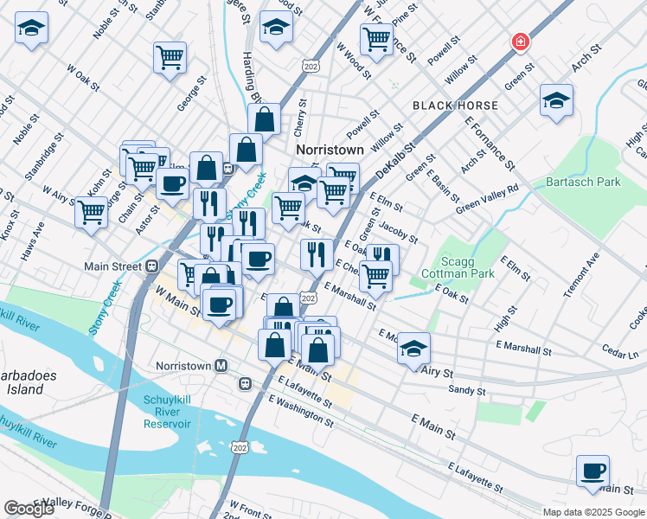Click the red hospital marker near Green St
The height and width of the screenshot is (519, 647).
[521, 42]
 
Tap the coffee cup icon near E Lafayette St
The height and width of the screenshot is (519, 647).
[593, 471]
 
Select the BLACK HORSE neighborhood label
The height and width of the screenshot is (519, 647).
[455, 106]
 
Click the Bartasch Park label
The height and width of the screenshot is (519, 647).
[584, 183]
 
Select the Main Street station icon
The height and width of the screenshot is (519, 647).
[151, 266]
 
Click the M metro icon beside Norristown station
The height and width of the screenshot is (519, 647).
[221, 365]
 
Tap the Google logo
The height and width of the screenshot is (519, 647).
[29, 509]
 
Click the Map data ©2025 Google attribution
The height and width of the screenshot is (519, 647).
[593, 512]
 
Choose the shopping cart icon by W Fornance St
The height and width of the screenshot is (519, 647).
[376, 39]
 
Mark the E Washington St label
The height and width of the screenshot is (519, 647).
[301, 412]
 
